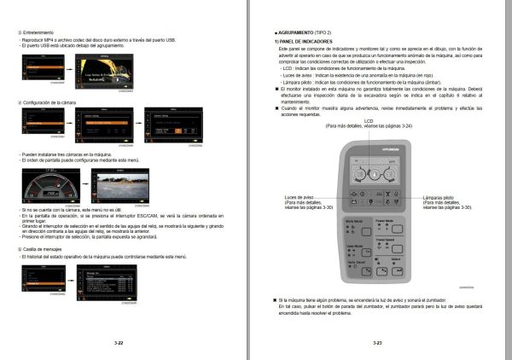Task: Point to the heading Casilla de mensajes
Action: [48, 248]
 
